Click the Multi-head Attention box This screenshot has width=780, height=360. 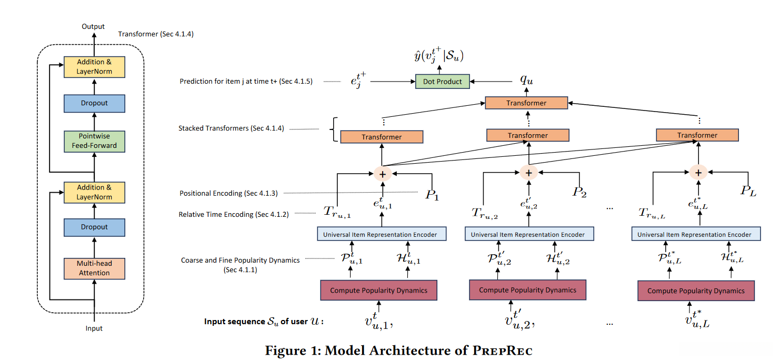(x=94, y=268)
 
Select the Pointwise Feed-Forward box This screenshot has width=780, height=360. (x=94, y=141)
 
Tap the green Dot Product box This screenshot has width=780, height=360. (x=442, y=82)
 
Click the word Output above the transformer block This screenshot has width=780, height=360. (x=93, y=26)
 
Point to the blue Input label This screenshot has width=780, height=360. (x=94, y=328)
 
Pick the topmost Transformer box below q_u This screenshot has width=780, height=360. (x=526, y=103)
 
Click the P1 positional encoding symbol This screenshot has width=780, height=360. (x=432, y=195)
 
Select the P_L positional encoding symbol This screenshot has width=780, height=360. (x=748, y=191)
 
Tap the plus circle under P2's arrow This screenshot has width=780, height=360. (x=528, y=173)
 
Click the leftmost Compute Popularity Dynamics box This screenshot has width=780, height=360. (x=378, y=291)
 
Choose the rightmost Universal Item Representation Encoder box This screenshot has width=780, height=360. (x=695, y=234)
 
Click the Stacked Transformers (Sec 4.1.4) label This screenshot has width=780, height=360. (x=231, y=128)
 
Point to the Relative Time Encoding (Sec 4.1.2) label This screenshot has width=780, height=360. (x=234, y=215)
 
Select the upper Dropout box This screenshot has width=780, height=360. (x=94, y=103)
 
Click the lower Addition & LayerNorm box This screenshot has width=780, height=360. (x=94, y=192)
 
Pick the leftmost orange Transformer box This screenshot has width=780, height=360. (x=382, y=137)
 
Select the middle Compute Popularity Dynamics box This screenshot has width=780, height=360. (x=527, y=290)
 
